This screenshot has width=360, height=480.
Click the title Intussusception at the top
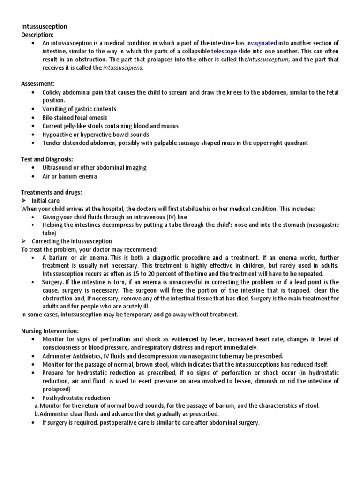(44, 26)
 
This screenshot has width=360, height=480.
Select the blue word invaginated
(261, 43)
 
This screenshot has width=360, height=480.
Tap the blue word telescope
(224, 51)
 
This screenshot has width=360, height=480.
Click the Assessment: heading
(38, 83)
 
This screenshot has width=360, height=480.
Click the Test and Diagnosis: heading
(47, 159)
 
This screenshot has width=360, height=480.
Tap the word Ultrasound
(58, 168)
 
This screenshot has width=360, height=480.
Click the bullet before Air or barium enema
(32, 176)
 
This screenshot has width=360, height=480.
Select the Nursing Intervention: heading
(50, 330)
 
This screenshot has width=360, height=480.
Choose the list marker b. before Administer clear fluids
(37, 414)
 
